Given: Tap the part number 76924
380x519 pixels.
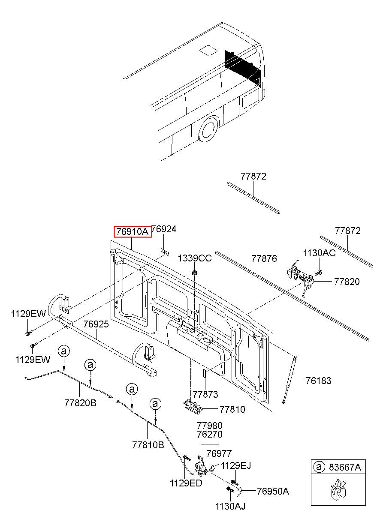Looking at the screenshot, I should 164,229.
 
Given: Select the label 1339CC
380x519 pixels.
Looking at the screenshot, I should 195,258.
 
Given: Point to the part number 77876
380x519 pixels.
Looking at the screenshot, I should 264,259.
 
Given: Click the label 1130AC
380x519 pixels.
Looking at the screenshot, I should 319,253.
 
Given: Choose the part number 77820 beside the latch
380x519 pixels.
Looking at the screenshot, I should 347,282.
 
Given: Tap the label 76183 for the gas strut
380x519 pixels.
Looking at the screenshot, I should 318,381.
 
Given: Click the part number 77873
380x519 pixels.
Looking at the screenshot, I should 205,394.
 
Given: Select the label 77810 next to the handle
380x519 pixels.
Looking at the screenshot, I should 232,410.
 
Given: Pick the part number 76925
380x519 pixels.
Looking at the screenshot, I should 96,324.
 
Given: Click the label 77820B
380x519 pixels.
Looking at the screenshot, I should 80,403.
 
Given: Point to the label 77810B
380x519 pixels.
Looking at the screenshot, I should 148,445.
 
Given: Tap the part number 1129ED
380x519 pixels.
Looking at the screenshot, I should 186,483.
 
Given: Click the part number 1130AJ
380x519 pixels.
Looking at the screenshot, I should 230,507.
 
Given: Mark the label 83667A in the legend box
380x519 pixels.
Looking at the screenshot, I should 345,468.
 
